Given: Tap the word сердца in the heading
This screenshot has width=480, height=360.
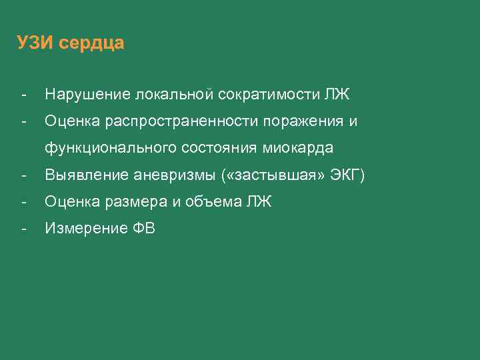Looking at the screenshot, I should point(91,44).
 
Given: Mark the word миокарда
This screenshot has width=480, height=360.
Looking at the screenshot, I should point(301,147).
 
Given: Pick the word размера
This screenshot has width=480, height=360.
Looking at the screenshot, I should point(141,202).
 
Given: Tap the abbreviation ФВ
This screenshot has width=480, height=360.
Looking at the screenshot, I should point(143,229).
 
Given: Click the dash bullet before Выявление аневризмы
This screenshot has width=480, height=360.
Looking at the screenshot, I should point(23,175).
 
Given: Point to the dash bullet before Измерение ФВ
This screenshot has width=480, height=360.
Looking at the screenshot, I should point(23,229).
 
